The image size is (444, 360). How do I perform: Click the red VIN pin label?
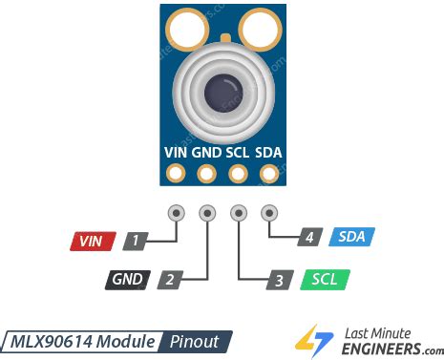click(x=92, y=241)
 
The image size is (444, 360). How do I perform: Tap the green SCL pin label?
click(x=324, y=280)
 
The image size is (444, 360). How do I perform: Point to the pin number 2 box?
click(x=169, y=280)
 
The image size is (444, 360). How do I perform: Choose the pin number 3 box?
click(x=278, y=280)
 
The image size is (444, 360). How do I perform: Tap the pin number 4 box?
click(x=309, y=237)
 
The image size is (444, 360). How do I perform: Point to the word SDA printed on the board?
click(x=269, y=153)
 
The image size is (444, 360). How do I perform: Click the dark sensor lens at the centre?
click(x=222, y=93)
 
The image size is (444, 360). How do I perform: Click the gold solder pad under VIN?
click(x=176, y=174)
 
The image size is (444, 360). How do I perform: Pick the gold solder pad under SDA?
click(x=269, y=174)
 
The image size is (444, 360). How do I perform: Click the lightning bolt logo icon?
click(x=308, y=340)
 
